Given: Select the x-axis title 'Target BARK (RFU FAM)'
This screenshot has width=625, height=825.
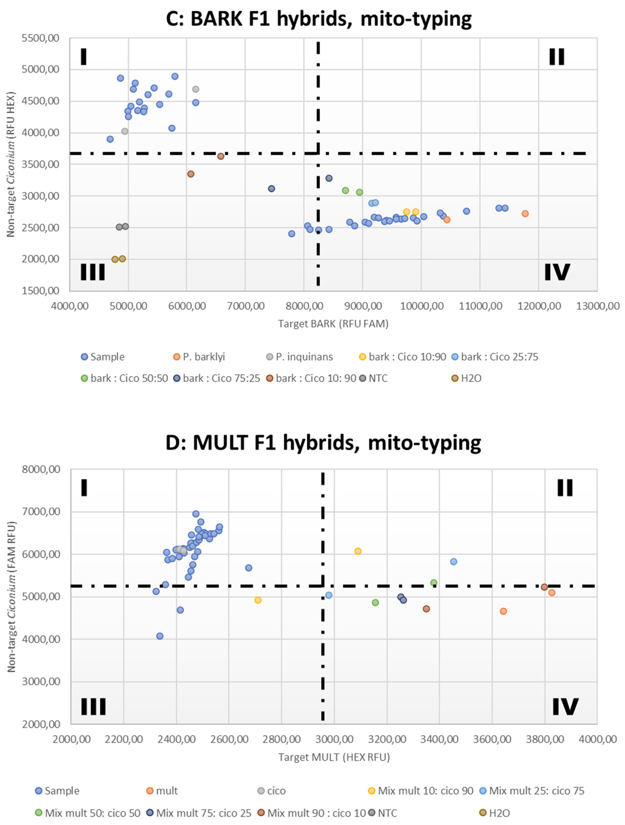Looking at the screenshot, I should (x=333, y=324).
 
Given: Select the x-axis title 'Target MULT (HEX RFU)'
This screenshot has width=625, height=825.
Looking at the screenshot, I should (x=334, y=757).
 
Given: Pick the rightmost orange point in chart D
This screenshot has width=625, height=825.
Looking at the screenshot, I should (x=551, y=593).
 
